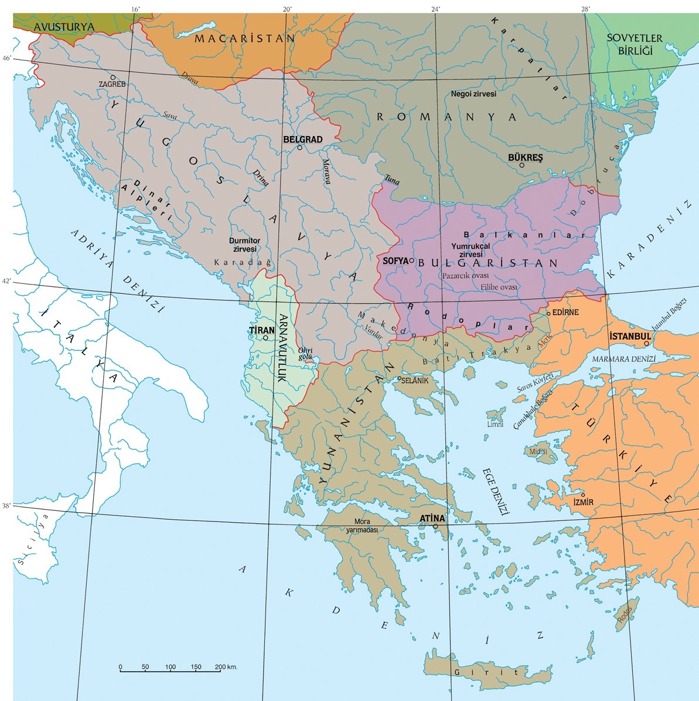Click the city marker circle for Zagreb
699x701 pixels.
pyautogui.click(x=113, y=77)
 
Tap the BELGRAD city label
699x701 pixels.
pyautogui.click(x=303, y=140)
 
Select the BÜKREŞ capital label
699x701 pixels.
pyautogui.click(x=526, y=158)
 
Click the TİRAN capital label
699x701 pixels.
pyautogui.click(x=262, y=330)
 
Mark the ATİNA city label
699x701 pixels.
pyautogui.click(x=432, y=519)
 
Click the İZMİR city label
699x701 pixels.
pyautogui.click(x=584, y=503)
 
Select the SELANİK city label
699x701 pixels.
pyautogui.click(x=416, y=381)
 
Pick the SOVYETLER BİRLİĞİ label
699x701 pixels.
pyautogui.click(x=634, y=44)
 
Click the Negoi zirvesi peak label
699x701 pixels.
pyautogui.click(x=474, y=94)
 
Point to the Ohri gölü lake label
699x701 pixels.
pyautogui.click(x=306, y=354)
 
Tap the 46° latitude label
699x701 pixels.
pyautogui.click(x=6, y=58)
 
